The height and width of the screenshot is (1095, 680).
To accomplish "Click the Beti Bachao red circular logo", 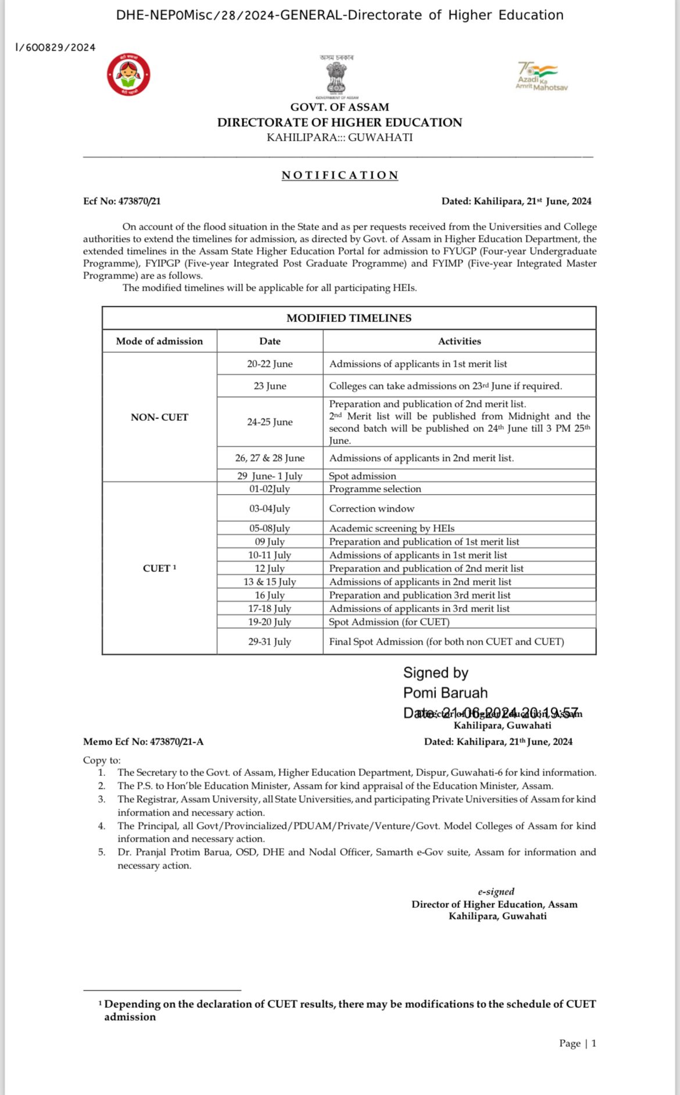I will [x=128, y=75].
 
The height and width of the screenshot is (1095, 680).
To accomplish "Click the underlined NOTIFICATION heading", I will [x=340, y=176].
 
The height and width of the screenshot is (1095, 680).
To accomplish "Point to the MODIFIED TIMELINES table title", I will [x=349, y=318].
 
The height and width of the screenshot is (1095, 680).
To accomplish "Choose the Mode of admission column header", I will [x=159, y=341].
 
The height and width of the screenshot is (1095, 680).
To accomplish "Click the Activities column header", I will [x=459, y=341].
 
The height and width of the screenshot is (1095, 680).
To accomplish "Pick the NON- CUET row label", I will [x=159, y=417].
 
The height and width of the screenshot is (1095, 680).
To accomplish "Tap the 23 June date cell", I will [x=270, y=386].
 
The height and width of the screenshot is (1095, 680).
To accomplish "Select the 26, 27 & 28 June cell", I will [x=270, y=458].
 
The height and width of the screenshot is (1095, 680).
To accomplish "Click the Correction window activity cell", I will [x=371, y=509].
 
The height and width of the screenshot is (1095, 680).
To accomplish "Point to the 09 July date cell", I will [x=270, y=542].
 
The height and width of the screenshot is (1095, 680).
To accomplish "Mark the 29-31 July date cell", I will [x=270, y=642].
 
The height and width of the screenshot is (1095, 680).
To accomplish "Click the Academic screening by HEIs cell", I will [x=392, y=528].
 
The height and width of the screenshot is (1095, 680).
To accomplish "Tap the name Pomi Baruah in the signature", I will [x=445, y=693].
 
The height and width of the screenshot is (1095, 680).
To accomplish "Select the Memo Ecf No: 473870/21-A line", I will [x=143, y=742].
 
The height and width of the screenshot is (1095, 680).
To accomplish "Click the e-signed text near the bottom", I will [x=496, y=892].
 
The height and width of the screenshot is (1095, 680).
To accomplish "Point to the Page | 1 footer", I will [x=578, y=1043].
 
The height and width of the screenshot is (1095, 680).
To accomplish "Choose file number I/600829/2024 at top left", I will [x=55, y=48].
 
